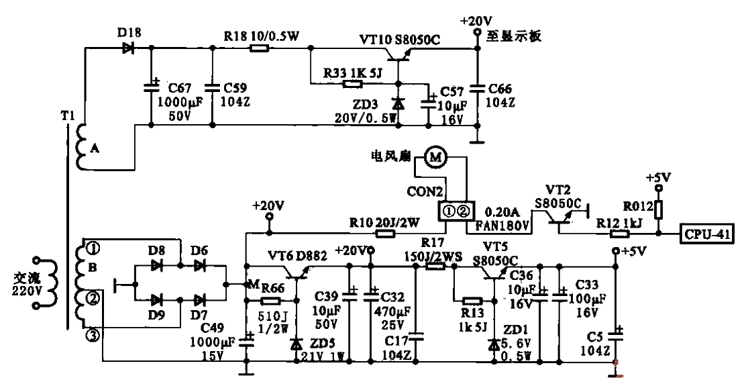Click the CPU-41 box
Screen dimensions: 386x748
[x=708, y=234]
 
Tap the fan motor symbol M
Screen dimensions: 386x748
[x=437, y=157]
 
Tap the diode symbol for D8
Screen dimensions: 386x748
[x=158, y=266]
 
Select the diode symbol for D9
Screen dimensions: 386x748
[x=158, y=299]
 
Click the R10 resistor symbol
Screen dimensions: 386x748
[x=385, y=234]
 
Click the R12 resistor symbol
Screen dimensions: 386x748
[x=619, y=234]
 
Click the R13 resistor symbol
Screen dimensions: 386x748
[x=472, y=301]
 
